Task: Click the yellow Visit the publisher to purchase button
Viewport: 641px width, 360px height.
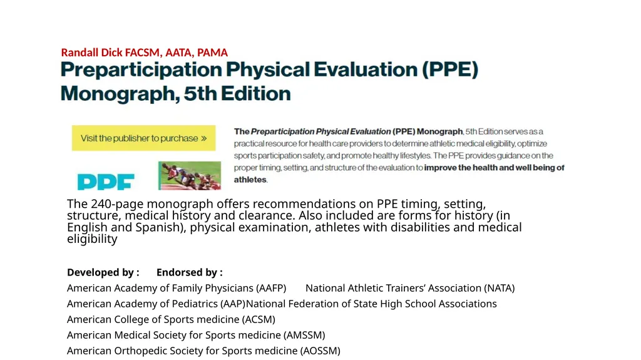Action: coord(143,138)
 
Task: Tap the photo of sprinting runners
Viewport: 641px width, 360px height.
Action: coord(190,175)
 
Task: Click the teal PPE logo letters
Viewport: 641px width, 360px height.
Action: coord(106,182)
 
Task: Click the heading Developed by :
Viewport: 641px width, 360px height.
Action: coord(103,272)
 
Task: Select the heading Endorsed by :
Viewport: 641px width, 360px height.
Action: coord(189,272)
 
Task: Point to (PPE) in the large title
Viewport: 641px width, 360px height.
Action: coord(449,69)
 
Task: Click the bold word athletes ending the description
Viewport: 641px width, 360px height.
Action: coord(250,180)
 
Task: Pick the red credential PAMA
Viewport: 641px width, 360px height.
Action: coord(212,53)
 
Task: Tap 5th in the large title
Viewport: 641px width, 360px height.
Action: coord(200,94)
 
